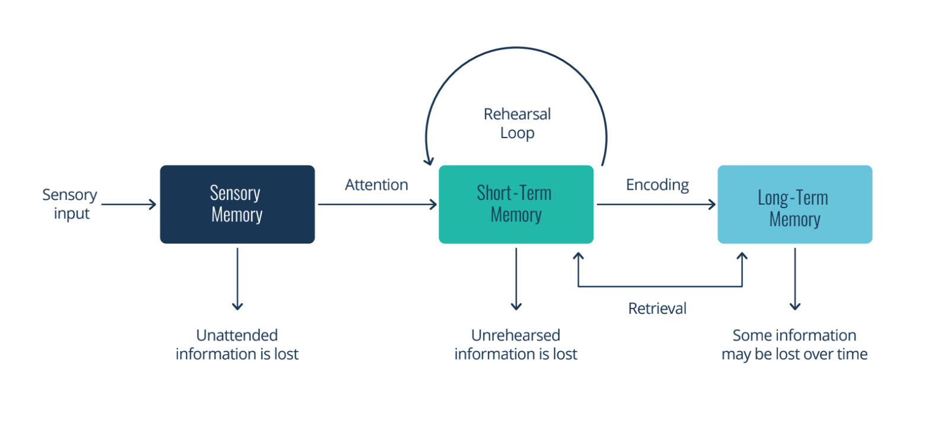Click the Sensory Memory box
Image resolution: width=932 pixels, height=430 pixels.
click(x=237, y=204)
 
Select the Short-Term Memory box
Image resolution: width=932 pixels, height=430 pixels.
click(x=516, y=204)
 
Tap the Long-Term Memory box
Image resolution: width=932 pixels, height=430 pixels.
click(x=794, y=204)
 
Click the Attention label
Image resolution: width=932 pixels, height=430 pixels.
click(x=376, y=185)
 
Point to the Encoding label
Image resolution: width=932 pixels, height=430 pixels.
click(x=657, y=185)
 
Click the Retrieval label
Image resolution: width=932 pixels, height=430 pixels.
click(x=657, y=308)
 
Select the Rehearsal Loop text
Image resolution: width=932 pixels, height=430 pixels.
click(x=517, y=123)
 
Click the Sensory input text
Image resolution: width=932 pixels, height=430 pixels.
click(x=70, y=204)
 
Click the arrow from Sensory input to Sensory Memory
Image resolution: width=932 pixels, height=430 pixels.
click(x=129, y=205)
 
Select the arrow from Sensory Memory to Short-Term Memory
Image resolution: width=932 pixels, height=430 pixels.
click(x=377, y=205)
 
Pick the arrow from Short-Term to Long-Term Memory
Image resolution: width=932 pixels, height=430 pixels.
click(x=656, y=205)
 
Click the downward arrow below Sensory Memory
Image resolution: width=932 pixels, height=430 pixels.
click(x=237, y=279)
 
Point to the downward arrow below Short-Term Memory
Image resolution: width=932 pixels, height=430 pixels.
click(x=516, y=279)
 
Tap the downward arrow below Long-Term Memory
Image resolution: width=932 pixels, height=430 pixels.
click(x=795, y=279)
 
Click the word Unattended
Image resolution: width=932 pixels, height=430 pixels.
click(x=237, y=336)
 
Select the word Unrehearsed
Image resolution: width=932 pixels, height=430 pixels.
click(x=515, y=336)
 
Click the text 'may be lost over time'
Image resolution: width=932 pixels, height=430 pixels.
click(x=794, y=355)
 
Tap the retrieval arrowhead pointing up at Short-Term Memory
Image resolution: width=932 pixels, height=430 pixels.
click(x=578, y=256)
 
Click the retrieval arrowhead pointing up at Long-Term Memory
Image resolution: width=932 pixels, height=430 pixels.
click(x=742, y=256)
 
